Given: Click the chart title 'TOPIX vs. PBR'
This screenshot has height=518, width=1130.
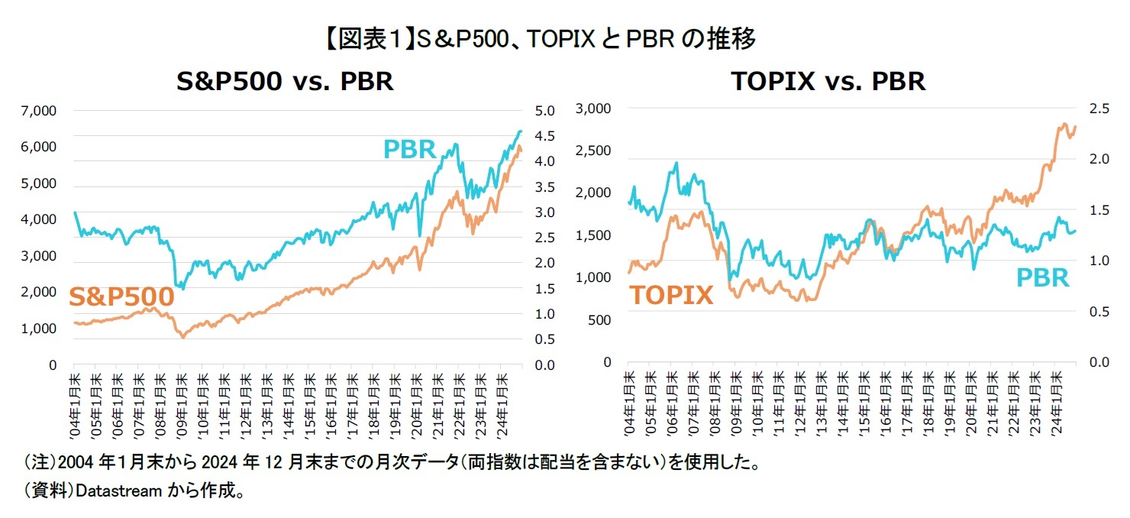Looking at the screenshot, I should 828,81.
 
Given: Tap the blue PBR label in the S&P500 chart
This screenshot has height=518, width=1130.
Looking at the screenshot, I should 409,149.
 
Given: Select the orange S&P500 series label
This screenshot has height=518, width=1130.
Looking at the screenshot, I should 122,296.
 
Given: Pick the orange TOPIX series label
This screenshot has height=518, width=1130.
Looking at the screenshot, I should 671,295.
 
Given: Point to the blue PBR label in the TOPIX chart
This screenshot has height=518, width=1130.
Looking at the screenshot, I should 1043,277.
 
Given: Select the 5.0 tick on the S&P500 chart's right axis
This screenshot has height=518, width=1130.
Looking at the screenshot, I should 547,111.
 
